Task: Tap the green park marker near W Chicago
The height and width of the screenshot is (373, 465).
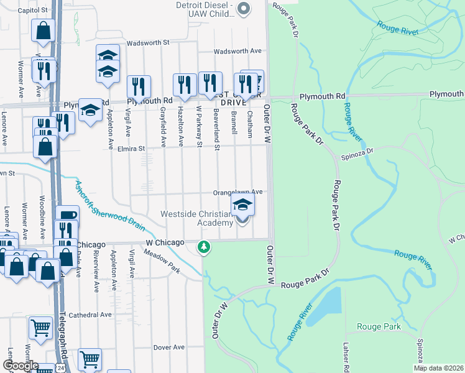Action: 203,247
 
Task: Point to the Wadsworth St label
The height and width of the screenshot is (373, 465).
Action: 148,44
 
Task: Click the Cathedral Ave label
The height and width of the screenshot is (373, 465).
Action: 90,315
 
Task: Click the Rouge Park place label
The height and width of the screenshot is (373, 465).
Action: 379,326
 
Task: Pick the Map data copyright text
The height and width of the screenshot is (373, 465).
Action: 438,368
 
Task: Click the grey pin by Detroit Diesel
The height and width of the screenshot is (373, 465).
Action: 244,8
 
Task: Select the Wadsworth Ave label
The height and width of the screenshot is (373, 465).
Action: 238,52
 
